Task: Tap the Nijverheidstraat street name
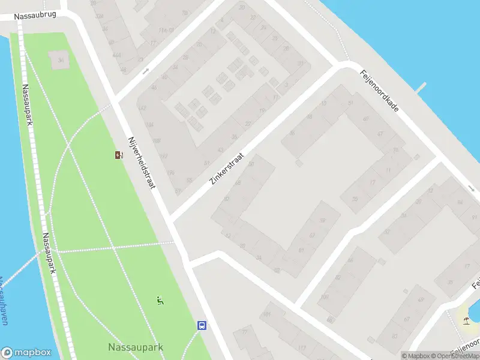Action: click(x=141, y=163)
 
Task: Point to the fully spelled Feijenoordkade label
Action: click(x=380, y=93)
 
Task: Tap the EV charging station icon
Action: click(x=118, y=155)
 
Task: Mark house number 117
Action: click(x=302, y=348)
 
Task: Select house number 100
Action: click(x=325, y=297)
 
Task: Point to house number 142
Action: click(x=142, y=108)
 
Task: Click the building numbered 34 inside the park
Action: click(x=59, y=60)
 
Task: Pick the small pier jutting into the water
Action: click(x=421, y=88)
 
